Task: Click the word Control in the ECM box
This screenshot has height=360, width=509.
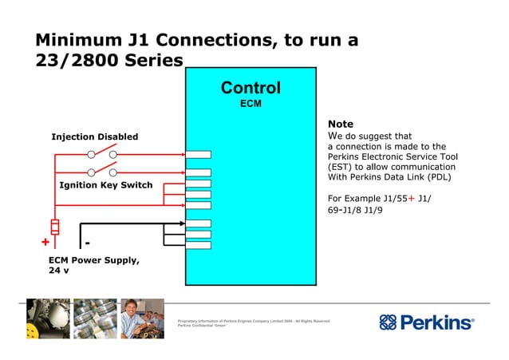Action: [251, 88]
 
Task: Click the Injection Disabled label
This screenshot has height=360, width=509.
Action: [94, 136]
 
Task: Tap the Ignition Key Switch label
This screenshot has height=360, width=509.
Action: [106, 185]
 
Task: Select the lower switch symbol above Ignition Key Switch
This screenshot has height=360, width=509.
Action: [102, 171]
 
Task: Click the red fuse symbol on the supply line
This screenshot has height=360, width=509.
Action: [54, 224]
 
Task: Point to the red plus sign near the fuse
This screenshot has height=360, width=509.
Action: [45, 243]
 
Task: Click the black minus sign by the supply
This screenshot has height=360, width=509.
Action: [87, 242]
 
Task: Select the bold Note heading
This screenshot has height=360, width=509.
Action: [341, 125]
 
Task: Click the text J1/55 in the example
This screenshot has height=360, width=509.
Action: [392, 199]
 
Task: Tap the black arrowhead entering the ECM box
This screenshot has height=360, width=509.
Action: [181, 224]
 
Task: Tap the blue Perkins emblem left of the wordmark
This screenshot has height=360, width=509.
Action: [388, 322]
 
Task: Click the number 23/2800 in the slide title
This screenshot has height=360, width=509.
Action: [71, 62]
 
